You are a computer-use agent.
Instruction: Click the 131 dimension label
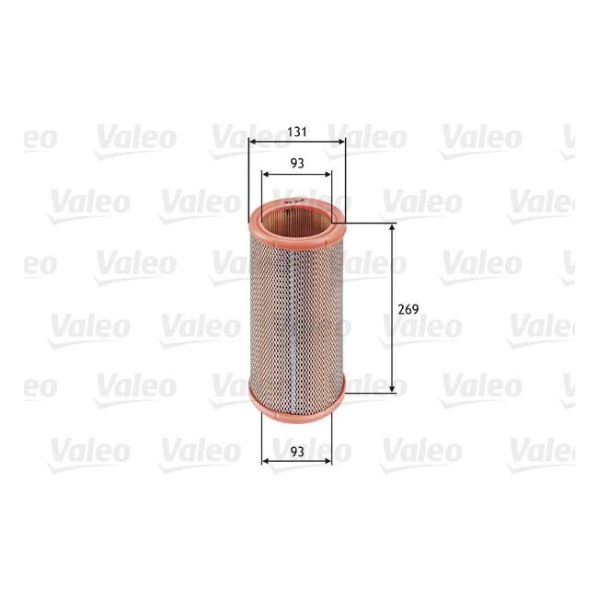[x=297, y=132]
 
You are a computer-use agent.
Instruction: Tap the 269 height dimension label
[x=409, y=309]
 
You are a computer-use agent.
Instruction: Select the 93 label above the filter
[x=297, y=163]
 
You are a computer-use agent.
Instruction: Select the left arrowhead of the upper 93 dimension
[x=266, y=174]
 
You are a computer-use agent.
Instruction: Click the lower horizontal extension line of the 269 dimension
[x=373, y=393]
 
